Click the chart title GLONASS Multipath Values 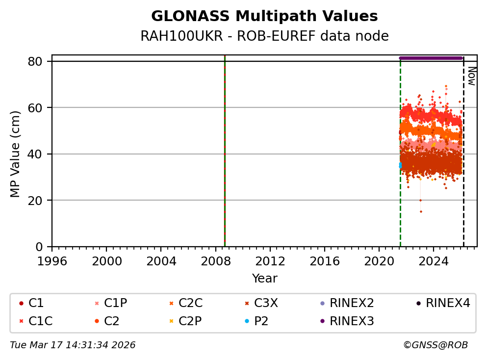tap(264, 16)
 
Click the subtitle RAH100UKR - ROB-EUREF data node tap(264, 36)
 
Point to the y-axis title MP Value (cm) tap(15, 154)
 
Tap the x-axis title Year tap(264, 279)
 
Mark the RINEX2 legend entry tap(348, 304)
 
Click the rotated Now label tap(471, 76)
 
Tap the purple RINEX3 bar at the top tap(431, 58)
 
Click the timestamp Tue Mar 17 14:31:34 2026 tap(73, 345)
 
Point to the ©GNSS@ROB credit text tap(435, 345)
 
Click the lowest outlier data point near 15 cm tap(421, 211)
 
